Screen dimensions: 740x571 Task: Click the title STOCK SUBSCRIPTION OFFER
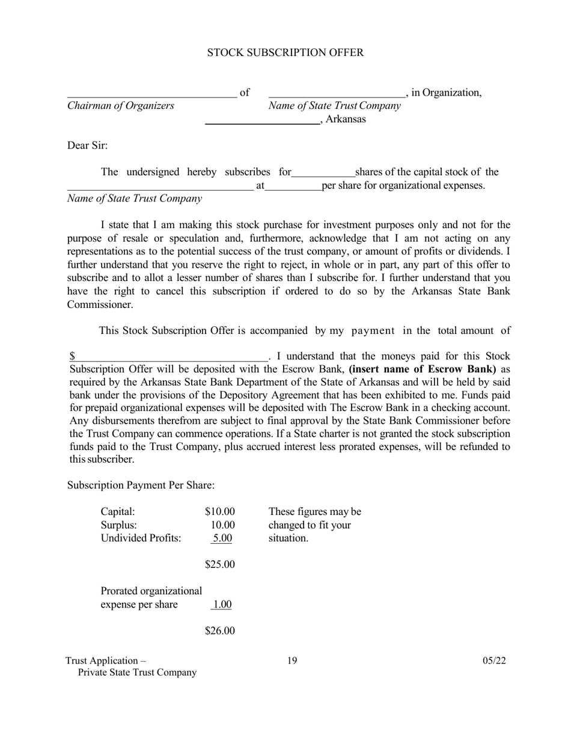(x=285, y=53)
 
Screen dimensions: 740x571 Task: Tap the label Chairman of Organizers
(x=120, y=106)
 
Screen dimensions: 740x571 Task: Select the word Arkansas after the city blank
(x=346, y=119)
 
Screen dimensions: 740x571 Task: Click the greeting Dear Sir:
(x=87, y=146)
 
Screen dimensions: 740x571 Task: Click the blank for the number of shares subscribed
(x=323, y=175)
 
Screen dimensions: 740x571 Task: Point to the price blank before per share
(x=293, y=188)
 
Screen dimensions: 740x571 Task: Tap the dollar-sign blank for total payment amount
(x=171, y=359)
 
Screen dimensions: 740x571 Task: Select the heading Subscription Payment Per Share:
(x=141, y=485)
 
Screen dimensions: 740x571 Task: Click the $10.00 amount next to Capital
(x=219, y=512)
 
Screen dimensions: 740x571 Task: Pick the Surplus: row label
(x=118, y=525)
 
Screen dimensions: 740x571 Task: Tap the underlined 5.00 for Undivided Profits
(x=222, y=538)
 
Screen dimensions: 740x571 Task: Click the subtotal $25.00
(x=219, y=565)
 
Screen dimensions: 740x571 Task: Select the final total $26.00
(x=219, y=631)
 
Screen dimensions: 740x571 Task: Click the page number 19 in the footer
(x=292, y=661)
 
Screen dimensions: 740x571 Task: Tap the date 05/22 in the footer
(x=493, y=661)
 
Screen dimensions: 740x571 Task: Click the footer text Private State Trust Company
(x=137, y=673)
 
